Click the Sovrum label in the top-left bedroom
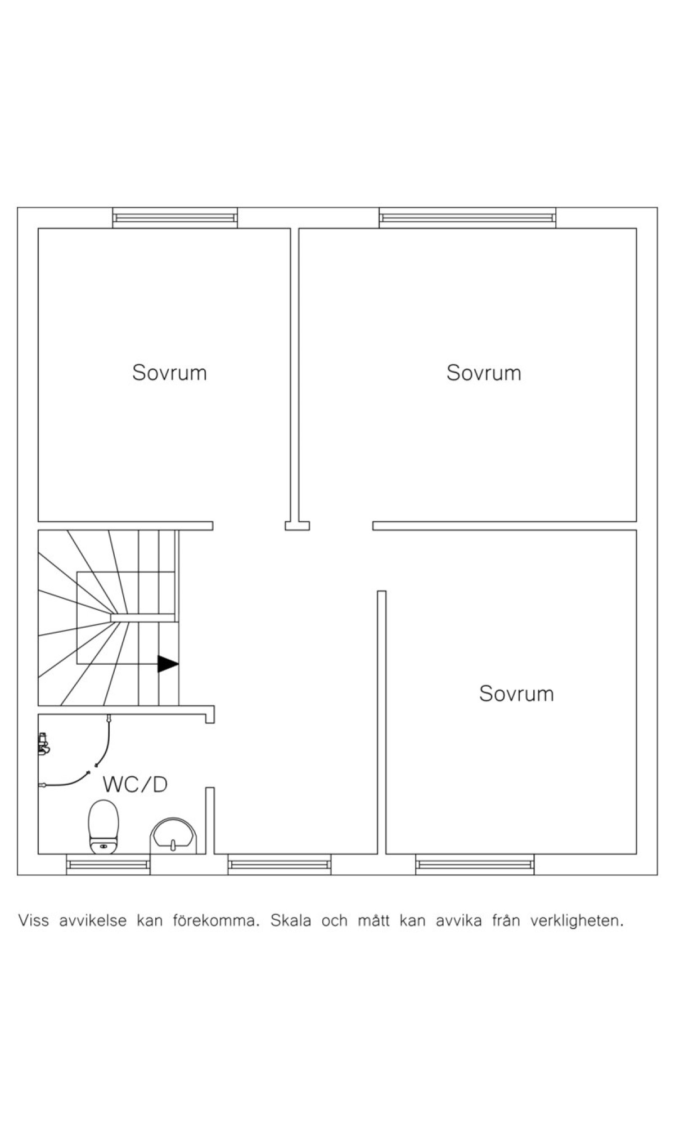tap(169, 373)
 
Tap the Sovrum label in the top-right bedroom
tap(484, 373)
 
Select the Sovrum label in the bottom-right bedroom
tap(516, 694)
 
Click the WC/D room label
tap(135, 784)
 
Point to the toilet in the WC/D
tap(103, 826)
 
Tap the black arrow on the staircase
tap(168, 664)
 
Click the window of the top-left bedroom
tap(175, 217)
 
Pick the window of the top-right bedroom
tap(467, 217)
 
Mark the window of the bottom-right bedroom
tap(475, 864)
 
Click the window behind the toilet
tap(108, 864)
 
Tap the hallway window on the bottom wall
tap(280, 864)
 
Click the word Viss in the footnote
tap(34, 921)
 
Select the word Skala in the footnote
tap(290, 921)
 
